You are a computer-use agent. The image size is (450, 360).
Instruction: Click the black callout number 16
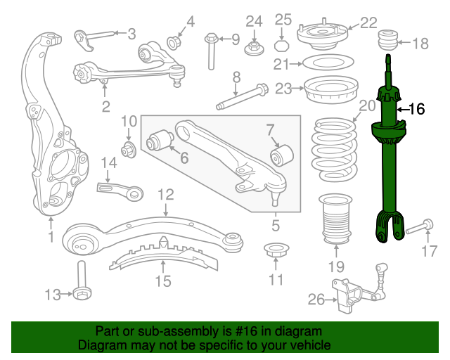coord(416,110)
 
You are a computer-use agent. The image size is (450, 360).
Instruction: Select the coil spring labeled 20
coord(335,150)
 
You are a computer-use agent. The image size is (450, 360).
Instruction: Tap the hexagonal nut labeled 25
coord(281,46)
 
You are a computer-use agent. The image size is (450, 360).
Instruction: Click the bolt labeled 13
coord(82,281)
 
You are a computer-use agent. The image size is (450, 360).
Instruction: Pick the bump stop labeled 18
coord(387,40)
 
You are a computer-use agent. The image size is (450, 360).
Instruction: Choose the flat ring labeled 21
coord(328,62)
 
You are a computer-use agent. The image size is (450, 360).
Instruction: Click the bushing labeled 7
coord(282,155)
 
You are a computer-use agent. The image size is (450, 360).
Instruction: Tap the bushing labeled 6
coord(160,140)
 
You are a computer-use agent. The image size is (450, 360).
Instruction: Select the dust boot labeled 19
coord(336,219)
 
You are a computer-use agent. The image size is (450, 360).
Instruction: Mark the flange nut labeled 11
coord(276,250)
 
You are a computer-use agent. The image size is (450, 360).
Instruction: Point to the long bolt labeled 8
coord(242,96)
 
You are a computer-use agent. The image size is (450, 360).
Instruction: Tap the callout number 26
coord(316,300)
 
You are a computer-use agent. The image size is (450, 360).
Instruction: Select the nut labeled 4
coord(174,43)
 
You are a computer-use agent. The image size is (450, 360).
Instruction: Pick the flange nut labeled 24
coord(255,49)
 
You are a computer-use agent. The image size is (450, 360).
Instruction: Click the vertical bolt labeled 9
coord(211,51)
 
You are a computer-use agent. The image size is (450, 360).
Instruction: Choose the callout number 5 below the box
coord(276,226)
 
